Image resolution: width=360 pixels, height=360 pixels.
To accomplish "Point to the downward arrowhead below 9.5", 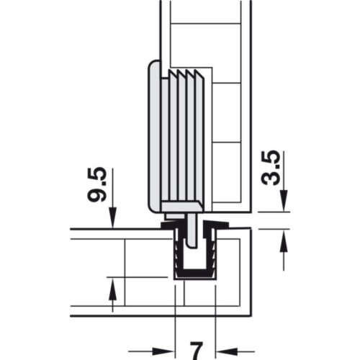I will [112, 219].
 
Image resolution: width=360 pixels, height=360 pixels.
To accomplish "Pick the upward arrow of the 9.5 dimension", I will [112, 288].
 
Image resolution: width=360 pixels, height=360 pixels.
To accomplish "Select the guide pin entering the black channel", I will [194, 230].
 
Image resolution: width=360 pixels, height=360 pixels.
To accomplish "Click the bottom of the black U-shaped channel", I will [194, 275].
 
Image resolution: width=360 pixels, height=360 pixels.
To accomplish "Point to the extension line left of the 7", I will [176, 310].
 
